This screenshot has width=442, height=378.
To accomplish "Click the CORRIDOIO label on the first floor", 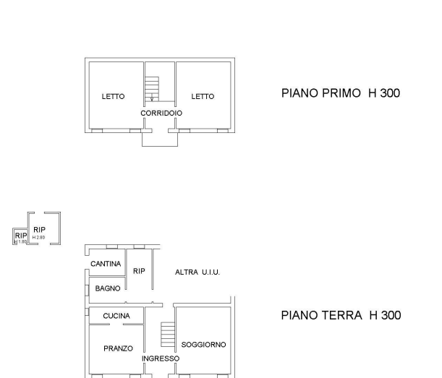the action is tap(161, 113).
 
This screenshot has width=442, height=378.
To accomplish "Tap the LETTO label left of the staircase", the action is tap(113, 96).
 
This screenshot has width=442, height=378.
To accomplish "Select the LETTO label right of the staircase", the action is tap(203, 96).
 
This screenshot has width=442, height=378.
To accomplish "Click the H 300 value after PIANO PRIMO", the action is tap(383, 93).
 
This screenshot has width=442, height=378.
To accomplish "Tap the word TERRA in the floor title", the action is tap(340, 314).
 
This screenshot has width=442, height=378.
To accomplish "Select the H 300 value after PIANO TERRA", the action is tap(384, 314).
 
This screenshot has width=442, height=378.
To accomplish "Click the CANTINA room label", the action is tap(106, 265).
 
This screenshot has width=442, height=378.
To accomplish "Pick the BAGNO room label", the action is tap(108, 288).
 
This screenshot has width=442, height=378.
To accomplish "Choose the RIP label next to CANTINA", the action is tap(139, 271).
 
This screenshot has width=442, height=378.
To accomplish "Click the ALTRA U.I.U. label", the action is tap(197, 272).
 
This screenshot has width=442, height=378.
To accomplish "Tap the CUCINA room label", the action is tap(116, 317).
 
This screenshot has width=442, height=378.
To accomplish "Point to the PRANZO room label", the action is tap(118, 348).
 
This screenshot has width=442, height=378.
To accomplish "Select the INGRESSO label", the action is tap(160, 358).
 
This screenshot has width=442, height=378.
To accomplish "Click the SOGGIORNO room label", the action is tap(203, 345).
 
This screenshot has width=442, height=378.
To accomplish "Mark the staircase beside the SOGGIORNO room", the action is tap(167, 334).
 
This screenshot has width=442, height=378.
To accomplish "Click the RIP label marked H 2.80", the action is tap(39, 230).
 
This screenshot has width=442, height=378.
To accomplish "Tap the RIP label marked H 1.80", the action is tap(20, 236).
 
